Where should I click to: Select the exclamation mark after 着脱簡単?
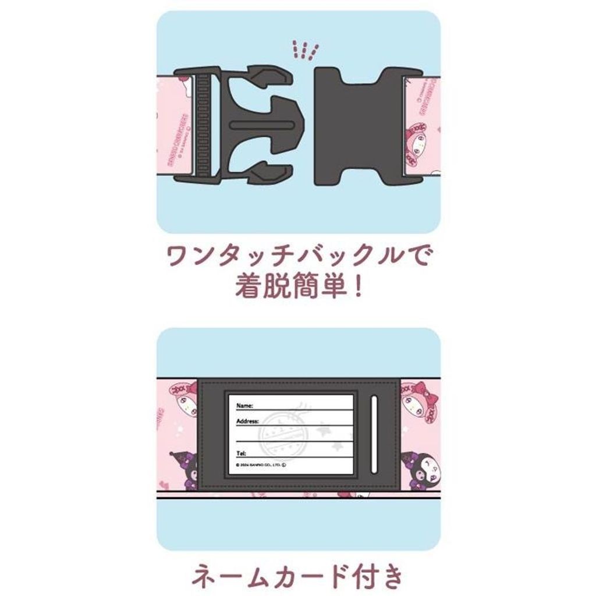(357, 288)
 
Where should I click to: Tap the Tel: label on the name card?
(242, 452)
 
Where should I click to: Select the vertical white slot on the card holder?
(374, 417)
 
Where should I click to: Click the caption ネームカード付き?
(297, 576)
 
